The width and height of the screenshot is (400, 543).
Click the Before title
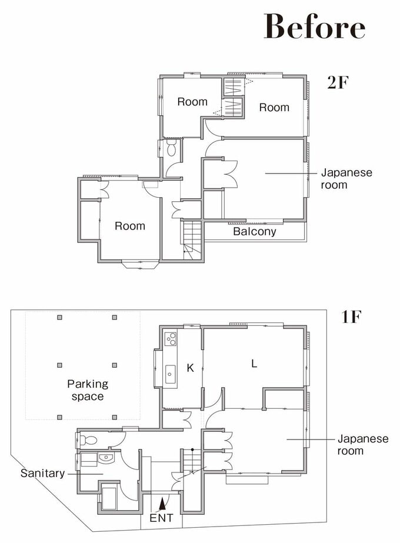click(315, 26)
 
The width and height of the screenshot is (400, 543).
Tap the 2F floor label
click(338, 82)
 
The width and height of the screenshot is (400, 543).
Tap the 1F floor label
click(352, 317)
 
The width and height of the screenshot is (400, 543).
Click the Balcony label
click(255, 231)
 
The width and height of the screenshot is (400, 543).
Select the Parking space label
click(88, 390)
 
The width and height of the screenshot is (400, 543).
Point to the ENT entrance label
click(161, 518)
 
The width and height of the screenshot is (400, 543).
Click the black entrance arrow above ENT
click(161, 504)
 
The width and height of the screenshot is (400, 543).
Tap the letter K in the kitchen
click(190, 368)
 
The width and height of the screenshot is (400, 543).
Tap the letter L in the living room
click(254, 364)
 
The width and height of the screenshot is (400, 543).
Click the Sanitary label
click(42, 474)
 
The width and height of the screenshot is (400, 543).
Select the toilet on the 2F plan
click(171, 148)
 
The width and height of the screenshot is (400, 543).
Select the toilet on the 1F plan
click(88, 441)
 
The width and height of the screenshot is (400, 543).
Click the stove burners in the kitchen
click(170, 339)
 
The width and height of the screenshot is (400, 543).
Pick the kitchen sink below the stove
click(170, 374)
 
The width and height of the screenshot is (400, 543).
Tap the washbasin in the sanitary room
click(106, 458)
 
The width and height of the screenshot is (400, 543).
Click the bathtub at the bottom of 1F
click(109, 498)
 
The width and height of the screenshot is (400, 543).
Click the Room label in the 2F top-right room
click(274, 107)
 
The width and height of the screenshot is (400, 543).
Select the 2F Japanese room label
click(346, 178)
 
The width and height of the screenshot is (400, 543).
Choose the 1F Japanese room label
click(363, 445)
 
